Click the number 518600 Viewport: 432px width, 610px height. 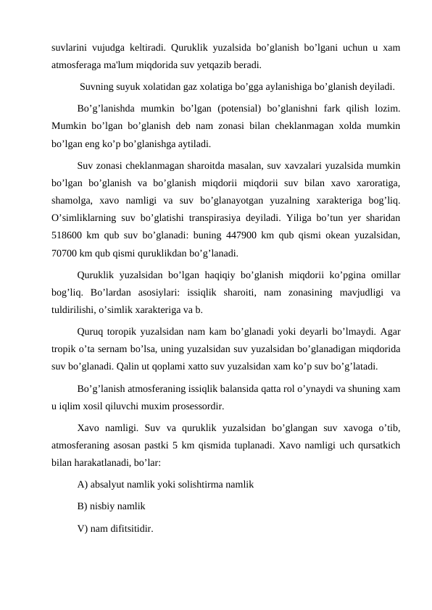(69, 235)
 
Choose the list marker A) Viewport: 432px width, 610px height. (83, 483)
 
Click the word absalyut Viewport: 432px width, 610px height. (111, 483)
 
